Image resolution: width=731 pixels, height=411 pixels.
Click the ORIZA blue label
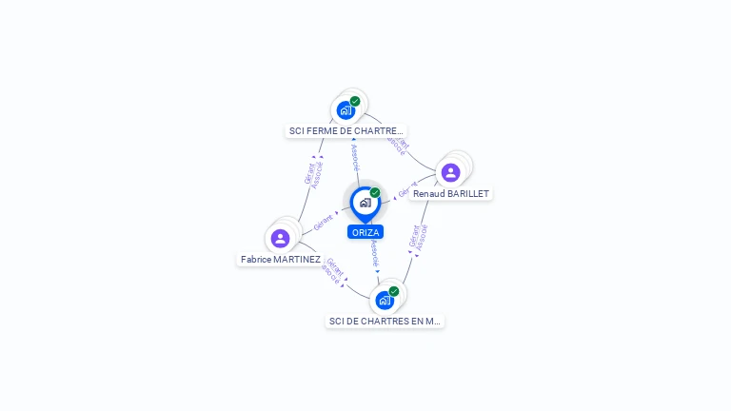[x=365, y=232]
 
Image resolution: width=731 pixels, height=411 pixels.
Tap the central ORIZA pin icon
[x=365, y=203]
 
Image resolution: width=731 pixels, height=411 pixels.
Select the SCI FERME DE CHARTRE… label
[x=346, y=131]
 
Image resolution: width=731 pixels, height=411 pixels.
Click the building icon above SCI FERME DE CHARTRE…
[x=346, y=110]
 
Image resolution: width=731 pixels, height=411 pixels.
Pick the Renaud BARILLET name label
[x=451, y=193]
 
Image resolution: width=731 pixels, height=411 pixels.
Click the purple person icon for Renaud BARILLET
[x=450, y=172]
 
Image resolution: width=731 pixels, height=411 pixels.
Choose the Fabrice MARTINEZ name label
[x=281, y=259]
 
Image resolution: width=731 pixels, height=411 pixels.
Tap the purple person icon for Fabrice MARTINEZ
[x=280, y=238]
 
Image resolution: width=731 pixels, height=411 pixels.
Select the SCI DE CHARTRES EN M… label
[x=385, y=322]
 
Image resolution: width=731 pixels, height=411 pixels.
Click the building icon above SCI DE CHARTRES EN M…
[x=385, y=301]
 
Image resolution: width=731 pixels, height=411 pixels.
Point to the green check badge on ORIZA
[x=375, y=193]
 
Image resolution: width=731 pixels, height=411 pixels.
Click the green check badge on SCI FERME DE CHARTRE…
[x=355, y=102]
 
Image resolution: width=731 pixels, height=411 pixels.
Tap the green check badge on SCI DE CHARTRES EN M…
[x=394, y=292]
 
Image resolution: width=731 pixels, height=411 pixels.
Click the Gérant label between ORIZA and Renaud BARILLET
[x=407, y=188]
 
